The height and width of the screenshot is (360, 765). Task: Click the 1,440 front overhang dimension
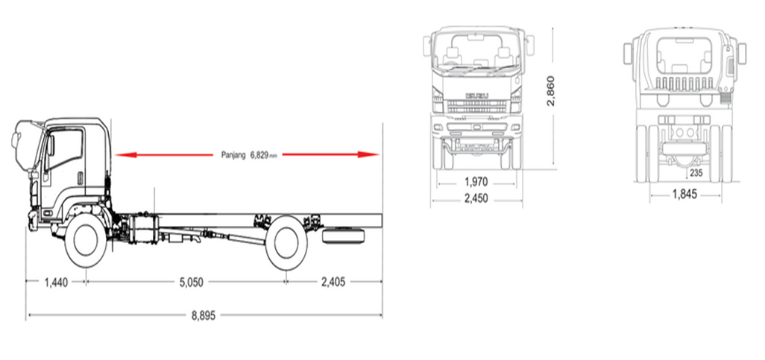56,282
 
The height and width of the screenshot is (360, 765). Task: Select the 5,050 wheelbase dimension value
191,282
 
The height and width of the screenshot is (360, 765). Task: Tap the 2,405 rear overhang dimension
333,282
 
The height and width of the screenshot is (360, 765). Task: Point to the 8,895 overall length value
203,315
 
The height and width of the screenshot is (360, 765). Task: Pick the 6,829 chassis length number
259,154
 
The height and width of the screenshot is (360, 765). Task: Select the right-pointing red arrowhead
368,154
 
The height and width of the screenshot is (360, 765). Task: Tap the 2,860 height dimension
551,91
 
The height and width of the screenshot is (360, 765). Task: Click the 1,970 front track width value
476,183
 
